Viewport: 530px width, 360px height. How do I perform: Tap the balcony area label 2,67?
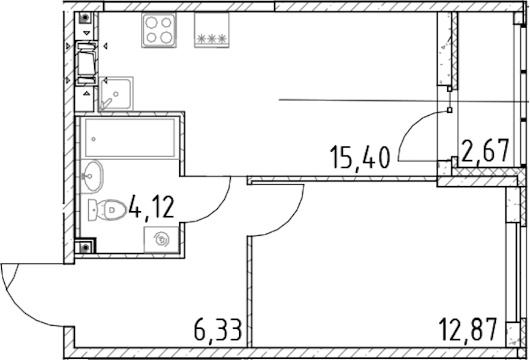pyautogui.click(x=484, y=151)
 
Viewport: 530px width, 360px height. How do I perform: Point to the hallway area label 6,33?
pyautogui.click(x=218, y=329)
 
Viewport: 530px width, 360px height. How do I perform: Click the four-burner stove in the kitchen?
pyautogui.click(x=159, y=30)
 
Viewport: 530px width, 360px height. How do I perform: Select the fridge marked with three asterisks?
pyautogui.click(x=212, y=30)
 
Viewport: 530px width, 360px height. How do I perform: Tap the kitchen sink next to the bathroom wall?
pyautogui.click(x=116, y=94)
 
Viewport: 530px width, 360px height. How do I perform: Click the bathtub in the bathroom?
pyautogui.click(x=130, y=138)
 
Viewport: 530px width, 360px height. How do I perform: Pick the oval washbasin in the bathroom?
pyautogui.click(x=91, y=176)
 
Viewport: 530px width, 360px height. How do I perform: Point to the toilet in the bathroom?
pyautogui.click(x=107, y=210)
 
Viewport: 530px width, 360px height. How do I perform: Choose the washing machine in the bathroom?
pyautogui.click(x=161, y=239)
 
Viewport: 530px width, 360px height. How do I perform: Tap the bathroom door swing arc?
pyautogui.click(x=217, y=209)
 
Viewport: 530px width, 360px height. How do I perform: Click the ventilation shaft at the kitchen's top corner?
pyautogui.click(x=85, y=17)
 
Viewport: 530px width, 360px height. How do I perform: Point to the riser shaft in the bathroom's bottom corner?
pyautogui.click(x=85, y=248)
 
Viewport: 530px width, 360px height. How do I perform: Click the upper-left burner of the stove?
pyautogui.click(x=151, y=23)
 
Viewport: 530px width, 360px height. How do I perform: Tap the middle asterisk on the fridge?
pyautogui.click(x=212, y=39)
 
